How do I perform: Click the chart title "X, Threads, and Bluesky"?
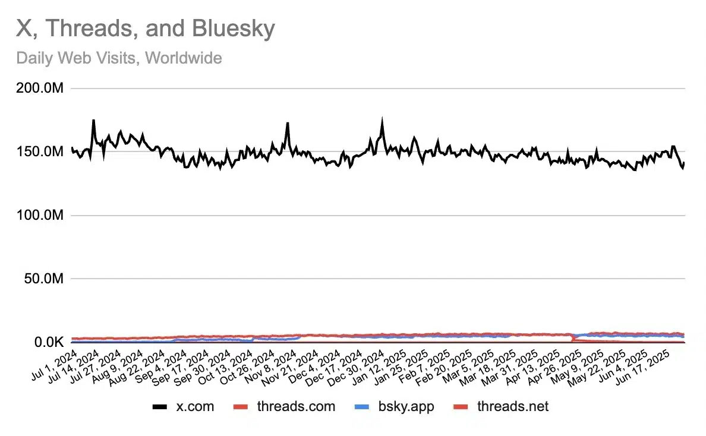click(x=145, y=29)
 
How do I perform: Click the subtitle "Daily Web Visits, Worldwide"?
click(x=119, y=58)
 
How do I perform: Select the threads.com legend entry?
click(x=296, y=406)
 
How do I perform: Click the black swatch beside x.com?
click(x=160, y=407)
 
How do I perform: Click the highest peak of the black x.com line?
click(x=382, y=118)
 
